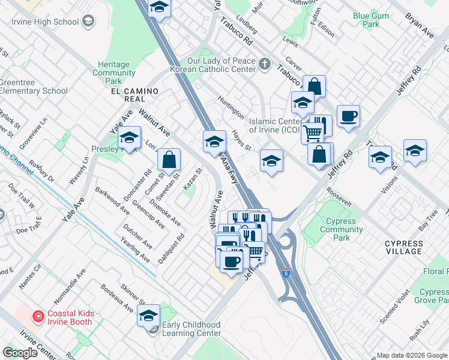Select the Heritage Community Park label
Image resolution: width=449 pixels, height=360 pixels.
(113, 73)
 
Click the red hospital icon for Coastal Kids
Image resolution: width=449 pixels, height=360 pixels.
(38, 316)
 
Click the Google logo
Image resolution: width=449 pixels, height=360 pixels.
(20, 353)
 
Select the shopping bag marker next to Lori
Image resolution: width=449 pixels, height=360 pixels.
(169, 160)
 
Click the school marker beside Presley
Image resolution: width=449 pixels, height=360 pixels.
(129, 139)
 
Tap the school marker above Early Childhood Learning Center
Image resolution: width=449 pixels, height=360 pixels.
(149, 315)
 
